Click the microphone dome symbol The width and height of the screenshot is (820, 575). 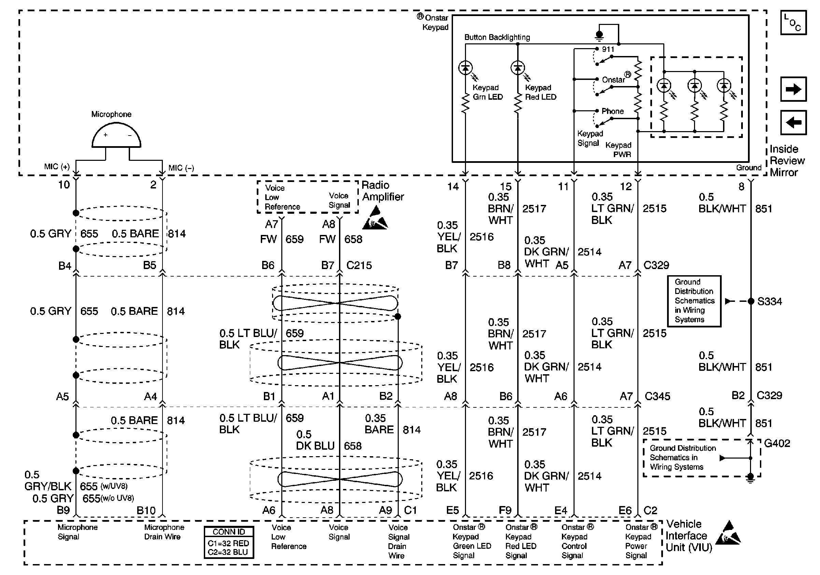pyautogui.click(x=116, y=136)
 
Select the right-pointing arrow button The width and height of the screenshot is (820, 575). pyautogui.click(x=793, y=89)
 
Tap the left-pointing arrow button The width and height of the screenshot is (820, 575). pyautogui.click(x=793, y=123)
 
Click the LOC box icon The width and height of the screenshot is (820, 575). pyautogui.click(x=793, y=23)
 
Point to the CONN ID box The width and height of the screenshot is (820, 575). pyautogui.click(x=229, y=542)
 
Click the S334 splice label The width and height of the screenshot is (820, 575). pyautogui.click(x=769, y=301)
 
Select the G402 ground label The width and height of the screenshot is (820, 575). pyautogui.click(x=777, y=443)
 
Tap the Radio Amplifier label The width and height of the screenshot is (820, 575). pyautogui.click(x=382, y=191)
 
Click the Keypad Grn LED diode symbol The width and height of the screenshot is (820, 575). pyautogui.click(x=465, y=68)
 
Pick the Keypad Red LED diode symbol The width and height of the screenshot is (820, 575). pyautogui.click(x=518, y=68)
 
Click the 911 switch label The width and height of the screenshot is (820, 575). pyautogui.click(x=608, y=49)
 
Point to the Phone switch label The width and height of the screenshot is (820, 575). pyautogui.click(x=612, y=111)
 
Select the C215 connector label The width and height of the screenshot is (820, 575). pyautogui.click(x=359, y=265)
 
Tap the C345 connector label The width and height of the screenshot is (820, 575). pyautogui.click(x=657, y=396)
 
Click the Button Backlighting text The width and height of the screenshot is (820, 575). pyautogui.click(x=497, y=37)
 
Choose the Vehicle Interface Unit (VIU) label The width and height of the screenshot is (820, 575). pyautogui.click(x=689, y=536)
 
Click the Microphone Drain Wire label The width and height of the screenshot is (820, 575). pyautogui.click(x=164, y=532)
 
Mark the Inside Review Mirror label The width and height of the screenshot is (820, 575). pyautogui.click(x=787, y=161)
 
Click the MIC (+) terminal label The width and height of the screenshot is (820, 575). pyautogui.click(x=57, y=166)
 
